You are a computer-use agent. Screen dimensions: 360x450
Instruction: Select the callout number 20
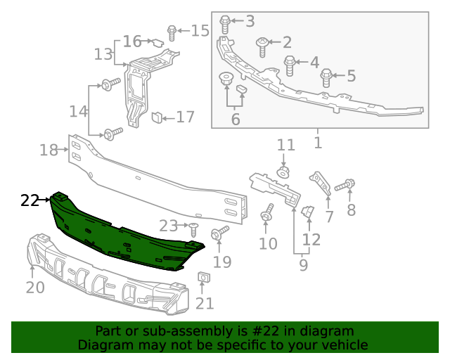[x=35, y=287]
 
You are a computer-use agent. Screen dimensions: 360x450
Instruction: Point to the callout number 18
[x=49, y=150]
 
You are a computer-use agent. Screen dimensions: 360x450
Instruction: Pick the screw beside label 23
[x=193, y=228]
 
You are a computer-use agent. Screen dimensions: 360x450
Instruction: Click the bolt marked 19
[x=219, y=231]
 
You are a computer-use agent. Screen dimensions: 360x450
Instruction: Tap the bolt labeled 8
[x=346, y=186]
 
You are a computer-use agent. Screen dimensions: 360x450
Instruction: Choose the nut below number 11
[x=284, y=172]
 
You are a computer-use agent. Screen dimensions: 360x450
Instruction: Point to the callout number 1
[x=318, y=143]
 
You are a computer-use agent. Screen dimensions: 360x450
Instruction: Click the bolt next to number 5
[x=326, y=76]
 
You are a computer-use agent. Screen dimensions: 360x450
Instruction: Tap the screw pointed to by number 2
[x=262, y=46]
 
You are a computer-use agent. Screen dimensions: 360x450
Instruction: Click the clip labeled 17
[x=158, y=115]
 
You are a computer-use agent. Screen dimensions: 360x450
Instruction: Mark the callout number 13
[x=103, y=53]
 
